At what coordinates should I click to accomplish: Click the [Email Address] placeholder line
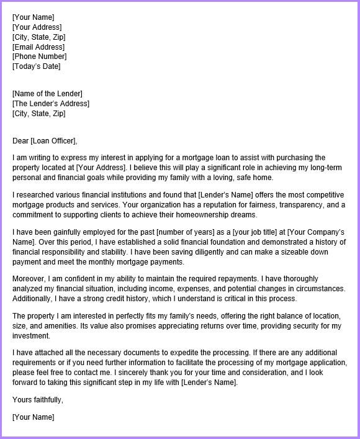tap(38, 47)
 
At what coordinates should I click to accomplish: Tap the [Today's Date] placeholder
tap(37, 66)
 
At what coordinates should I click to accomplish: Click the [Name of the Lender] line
tap(47, 94)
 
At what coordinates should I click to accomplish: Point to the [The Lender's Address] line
tap(51, 104)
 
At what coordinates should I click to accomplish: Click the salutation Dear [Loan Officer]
tap(45, 140)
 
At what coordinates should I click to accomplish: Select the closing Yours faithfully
tap(37, 399)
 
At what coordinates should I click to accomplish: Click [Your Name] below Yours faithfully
tap(33, 417)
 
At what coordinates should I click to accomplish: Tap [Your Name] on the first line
tap(33, 17)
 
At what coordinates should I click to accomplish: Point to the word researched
tap(35, 195)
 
